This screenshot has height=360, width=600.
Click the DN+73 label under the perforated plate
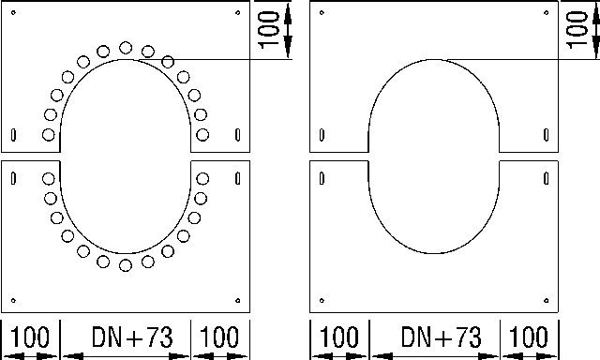coord(132,337)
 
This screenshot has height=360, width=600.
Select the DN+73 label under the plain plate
coord(442,337)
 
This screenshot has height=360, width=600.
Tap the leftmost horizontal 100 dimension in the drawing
coord(29,337)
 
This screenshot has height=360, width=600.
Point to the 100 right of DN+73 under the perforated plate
coord(219,337)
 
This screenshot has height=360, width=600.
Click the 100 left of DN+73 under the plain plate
coord(338,337)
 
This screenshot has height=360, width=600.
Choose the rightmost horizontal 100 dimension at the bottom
coord(529,337)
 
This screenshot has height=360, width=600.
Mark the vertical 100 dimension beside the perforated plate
coord(269,30)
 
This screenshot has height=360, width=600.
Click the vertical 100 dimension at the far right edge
coord(577,30)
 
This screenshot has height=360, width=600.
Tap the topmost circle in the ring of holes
coord(126,48)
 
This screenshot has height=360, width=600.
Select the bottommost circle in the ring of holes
coord(126,265)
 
